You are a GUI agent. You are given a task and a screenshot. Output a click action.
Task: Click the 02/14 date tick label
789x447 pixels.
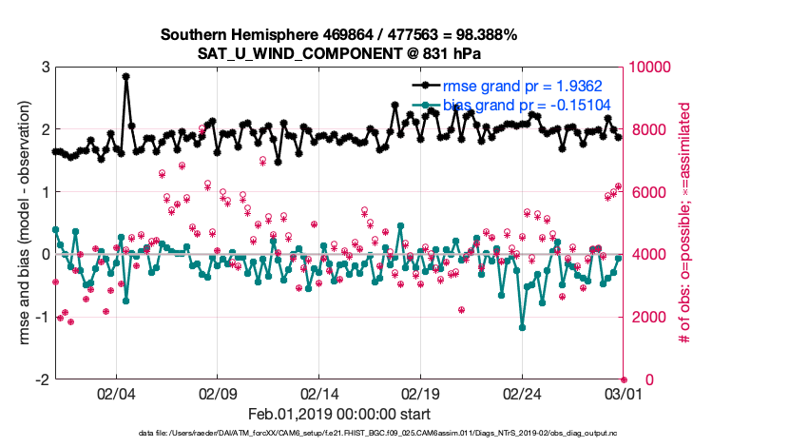pos(319,394)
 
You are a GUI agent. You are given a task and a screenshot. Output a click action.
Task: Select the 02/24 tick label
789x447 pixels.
pos(522,394)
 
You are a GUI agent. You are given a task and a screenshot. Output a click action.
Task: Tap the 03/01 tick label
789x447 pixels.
pos(624,394)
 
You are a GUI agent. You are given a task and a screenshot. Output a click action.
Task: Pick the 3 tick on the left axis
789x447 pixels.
pos(45,68)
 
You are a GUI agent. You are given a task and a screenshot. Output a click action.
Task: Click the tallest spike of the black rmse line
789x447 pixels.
pos(126,76)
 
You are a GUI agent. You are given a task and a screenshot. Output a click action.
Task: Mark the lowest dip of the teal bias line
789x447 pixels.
pos(522,327)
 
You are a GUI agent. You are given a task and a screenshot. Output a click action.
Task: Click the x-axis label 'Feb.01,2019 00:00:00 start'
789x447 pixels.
pos(339,415)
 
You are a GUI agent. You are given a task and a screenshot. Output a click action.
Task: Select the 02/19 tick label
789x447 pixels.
pos(420,394)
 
